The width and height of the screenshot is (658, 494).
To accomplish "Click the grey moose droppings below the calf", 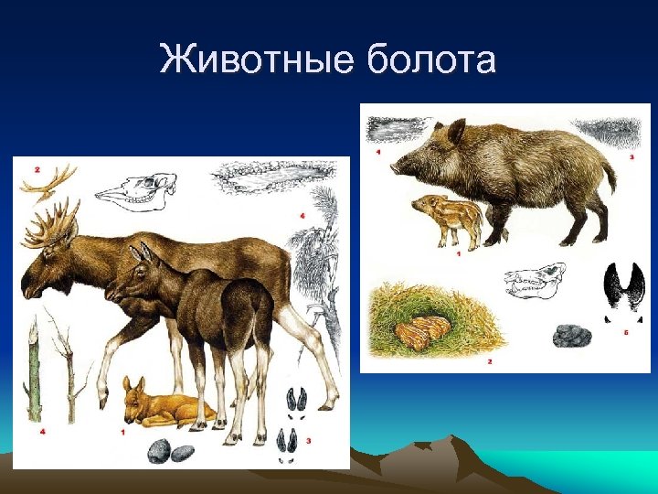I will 169,452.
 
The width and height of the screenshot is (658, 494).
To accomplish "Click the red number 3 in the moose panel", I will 309,441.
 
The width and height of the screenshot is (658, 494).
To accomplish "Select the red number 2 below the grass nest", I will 490,362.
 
